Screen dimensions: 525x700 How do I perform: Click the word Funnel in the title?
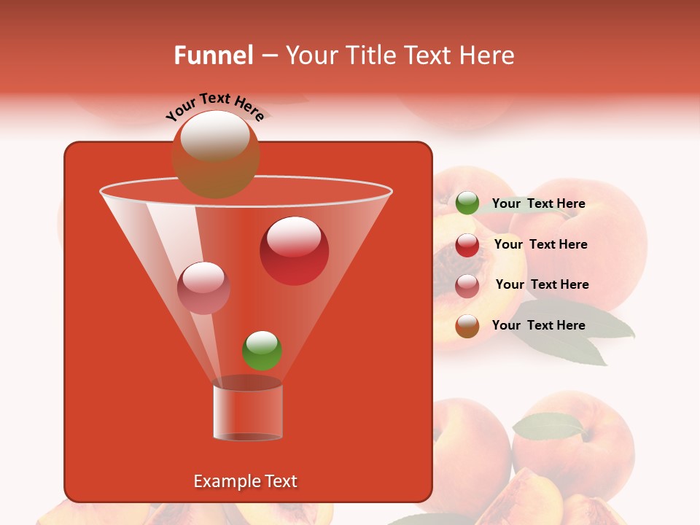click(x=214, y=55)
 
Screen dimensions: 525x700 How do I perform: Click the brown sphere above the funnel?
click(x=215, y=154)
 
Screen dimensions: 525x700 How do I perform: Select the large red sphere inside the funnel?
click(x=294, y=251)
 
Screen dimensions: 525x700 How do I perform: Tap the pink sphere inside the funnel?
click(x=203, y=288)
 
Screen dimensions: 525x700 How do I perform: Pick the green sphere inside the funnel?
click(x=262, y=350)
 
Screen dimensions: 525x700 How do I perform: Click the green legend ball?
click(x=467, y=203)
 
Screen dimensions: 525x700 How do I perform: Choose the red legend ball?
click(x=467, y=245)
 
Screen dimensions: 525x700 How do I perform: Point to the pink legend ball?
click(x=467, y=285)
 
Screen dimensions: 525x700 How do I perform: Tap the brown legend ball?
click(x=467, y=326)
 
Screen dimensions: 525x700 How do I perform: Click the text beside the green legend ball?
click(x=538, y=204)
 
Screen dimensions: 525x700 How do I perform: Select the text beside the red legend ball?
click(x=540, y=245)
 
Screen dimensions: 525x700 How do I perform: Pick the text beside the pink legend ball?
click(x=542, y=285)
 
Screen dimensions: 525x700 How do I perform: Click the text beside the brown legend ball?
click(x=538, y=326)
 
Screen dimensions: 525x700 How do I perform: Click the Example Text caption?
click(x=245, y=481)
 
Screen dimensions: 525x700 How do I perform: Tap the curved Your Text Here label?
click(x=214, y=106)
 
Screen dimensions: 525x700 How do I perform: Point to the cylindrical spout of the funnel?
click(x=247, y=412)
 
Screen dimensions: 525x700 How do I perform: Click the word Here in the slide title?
click(x=487, y=55)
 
